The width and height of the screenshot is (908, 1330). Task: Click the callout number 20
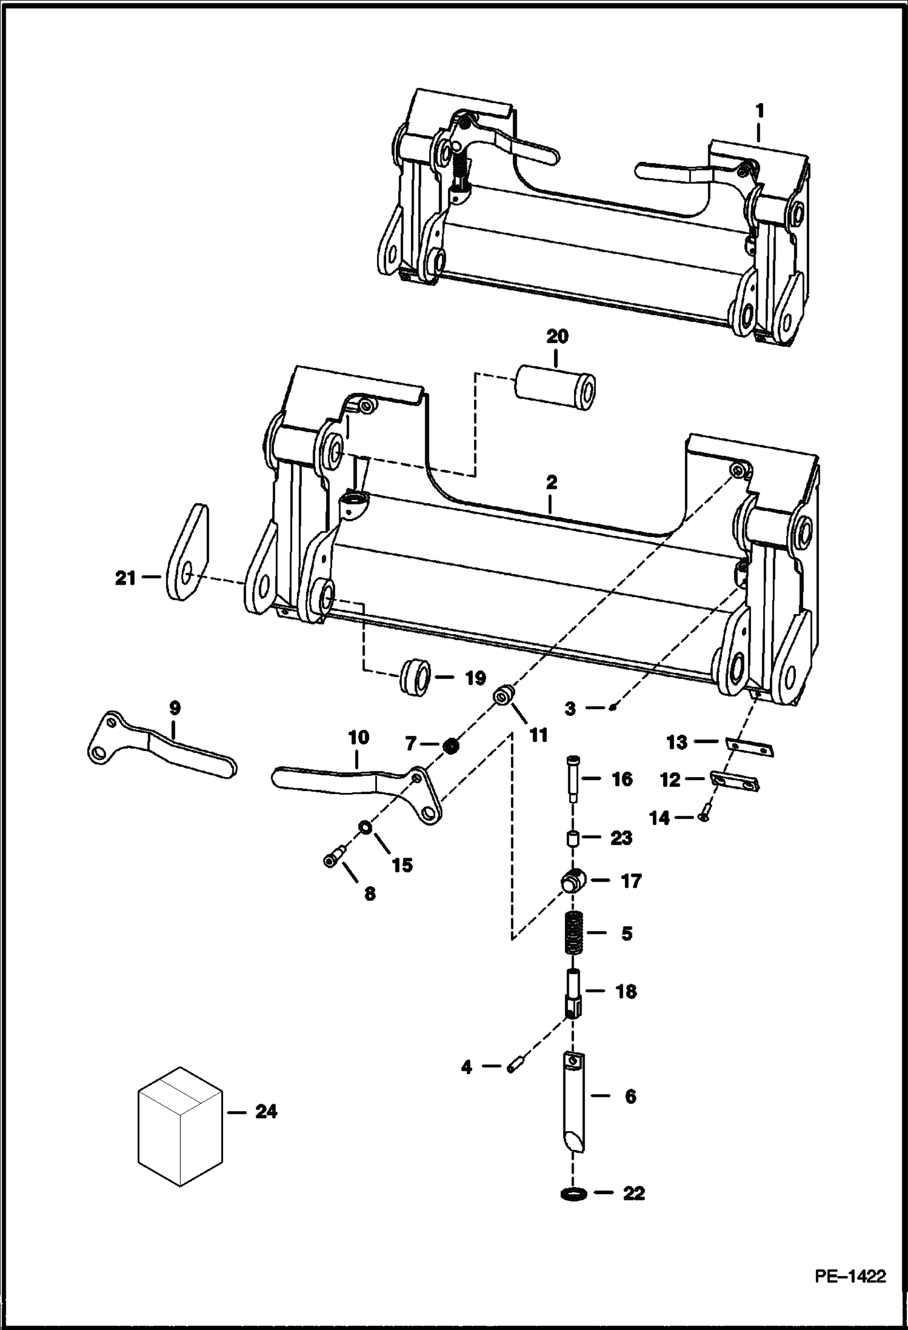coord(557,336)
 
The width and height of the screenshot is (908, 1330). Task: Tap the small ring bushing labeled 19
coord(416,678)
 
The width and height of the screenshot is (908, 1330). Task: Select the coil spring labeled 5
coord(573,934)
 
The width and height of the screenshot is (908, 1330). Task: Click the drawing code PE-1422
coord(850,1276)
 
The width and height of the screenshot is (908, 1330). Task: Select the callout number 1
coord(759,112)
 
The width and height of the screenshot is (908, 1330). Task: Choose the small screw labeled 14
coord(703,818)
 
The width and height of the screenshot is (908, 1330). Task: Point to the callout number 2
coord(551,483)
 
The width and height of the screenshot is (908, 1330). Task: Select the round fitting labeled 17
coord(572,881)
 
